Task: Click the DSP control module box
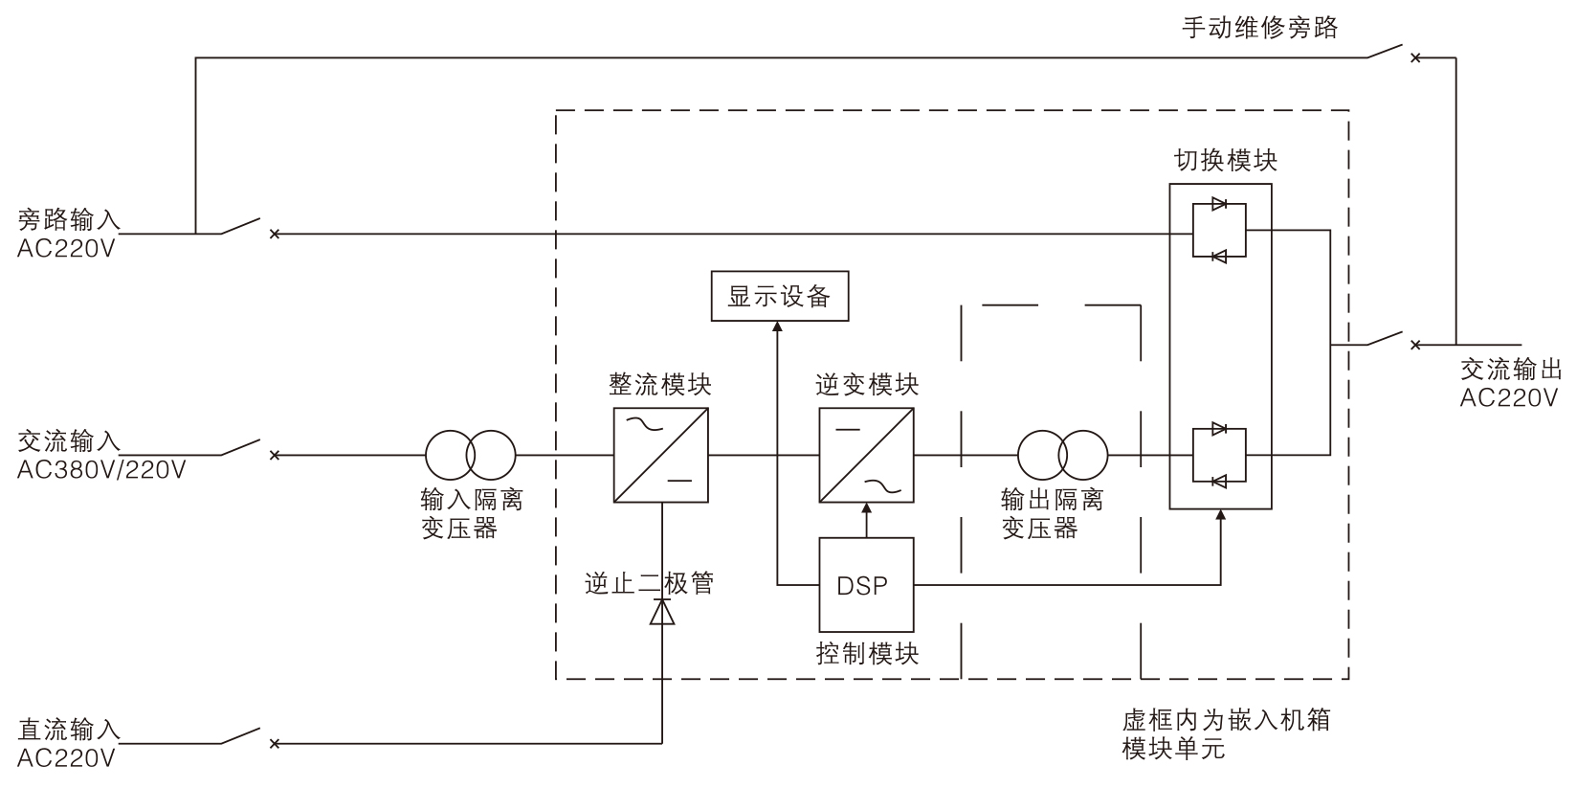tap(866, 584)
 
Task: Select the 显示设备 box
tap(780, 296)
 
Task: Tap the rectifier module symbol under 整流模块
tap(660, 455)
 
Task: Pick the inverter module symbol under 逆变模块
tap(866, 455)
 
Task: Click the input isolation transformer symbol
tap(471, 455)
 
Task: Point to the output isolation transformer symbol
tap(1062, 455)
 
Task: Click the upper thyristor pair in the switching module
tap(1220, 230)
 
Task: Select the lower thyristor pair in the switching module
tap(1220, 455)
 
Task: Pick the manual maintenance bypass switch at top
tap(1388, 52)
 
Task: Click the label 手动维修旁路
tap(1259, 27)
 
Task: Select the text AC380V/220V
tap(101, 470)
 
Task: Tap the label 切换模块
tap(1226, 161)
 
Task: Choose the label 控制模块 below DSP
tap(867, 654)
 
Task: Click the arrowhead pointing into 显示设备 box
tap(776, 327)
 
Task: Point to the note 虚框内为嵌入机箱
tap(1226, 720)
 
